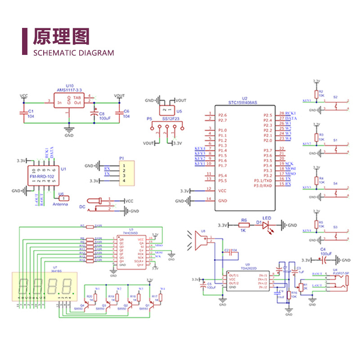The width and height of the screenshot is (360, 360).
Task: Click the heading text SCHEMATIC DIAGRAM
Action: point(74,53)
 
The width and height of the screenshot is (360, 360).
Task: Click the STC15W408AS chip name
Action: point(243,103)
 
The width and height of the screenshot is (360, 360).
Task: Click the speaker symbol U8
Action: point(202,241)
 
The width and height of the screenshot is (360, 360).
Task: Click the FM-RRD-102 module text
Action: point(42,177)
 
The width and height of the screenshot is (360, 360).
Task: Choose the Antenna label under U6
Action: point(60,204)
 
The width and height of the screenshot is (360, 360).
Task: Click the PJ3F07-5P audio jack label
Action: point(341,273)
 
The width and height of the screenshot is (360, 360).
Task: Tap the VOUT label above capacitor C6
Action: point(119,96)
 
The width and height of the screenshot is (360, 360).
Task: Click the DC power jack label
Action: point(82,207)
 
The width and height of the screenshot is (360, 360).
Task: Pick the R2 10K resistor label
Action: point(321,93)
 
